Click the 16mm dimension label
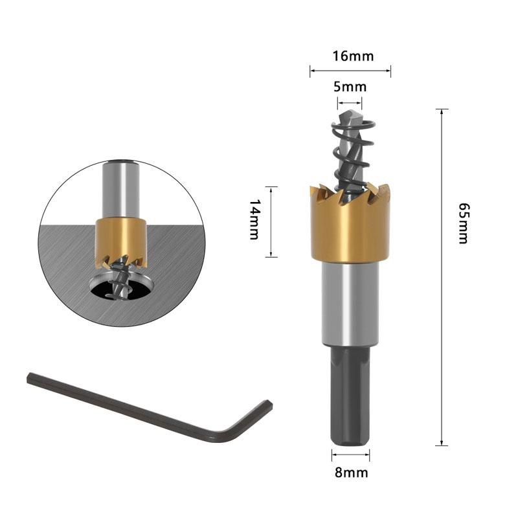click(353, 56)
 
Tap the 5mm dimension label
click(350, 87)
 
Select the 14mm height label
click(254, 220)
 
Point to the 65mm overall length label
click(462, 223)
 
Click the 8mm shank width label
click(351, 473)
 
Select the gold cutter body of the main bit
click(350, 227)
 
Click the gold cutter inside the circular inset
click(121, 240)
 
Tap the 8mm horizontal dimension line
click(350, 456)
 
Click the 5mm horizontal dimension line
click(350, 101)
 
